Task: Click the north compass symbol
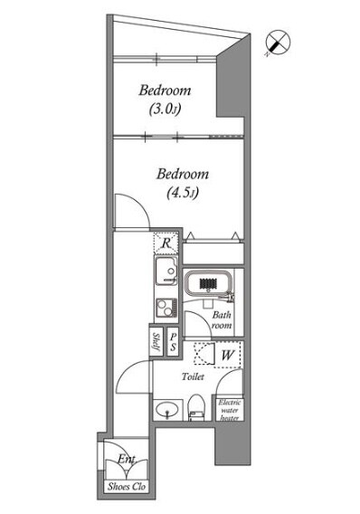click(x=278, y=42)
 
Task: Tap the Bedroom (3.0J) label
click(x=165, y=100)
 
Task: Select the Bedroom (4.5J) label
click(x=183, y=183)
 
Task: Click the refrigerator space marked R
click(x=166, y=243)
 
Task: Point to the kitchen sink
click(x=166, y=271)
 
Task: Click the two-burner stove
click(x=166, y=307)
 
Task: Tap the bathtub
click(x=209, y=283)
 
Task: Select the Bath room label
click(x=222, y=320)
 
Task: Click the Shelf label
click(x=156, y=341)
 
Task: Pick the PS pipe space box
click(x=173, y=341)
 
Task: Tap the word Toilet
click(x=193, y=376)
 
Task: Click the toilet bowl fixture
click(x=196, y=407)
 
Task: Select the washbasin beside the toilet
click(x=167, y=409)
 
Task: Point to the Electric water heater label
click(x=230, y=410)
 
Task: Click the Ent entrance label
click(x=127, y=459)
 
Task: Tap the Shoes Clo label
click(x=127, y=487)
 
